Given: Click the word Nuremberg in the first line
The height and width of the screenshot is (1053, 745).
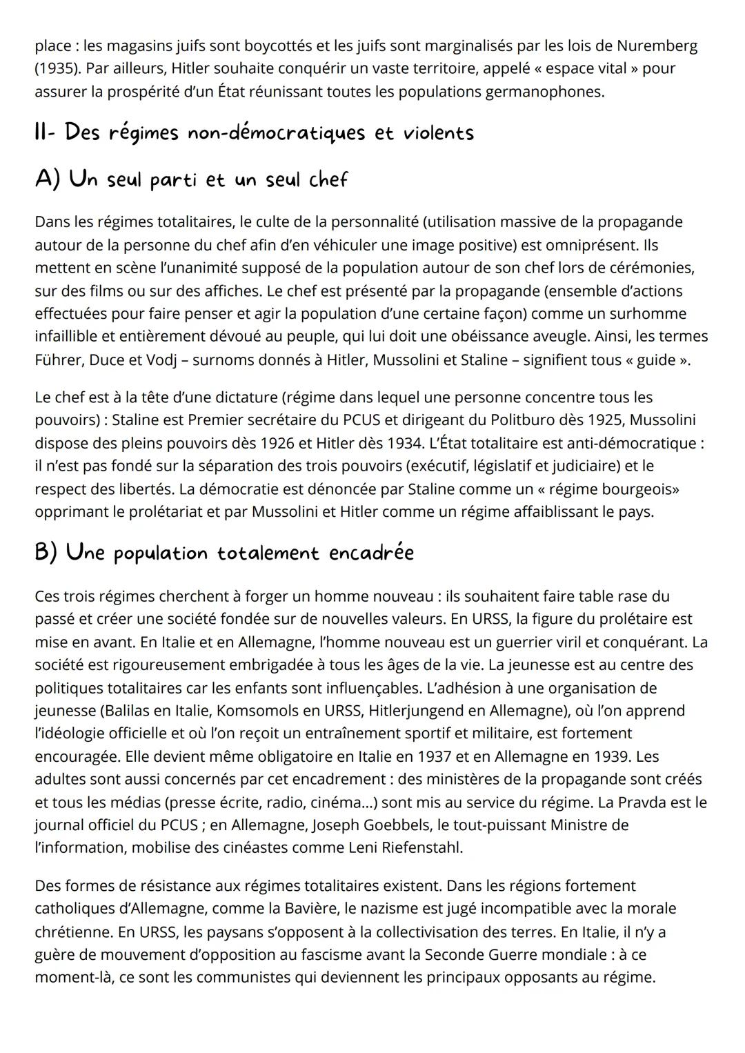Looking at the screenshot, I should click(657, 46).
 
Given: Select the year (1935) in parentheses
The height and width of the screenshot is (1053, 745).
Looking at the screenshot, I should click(57, 69).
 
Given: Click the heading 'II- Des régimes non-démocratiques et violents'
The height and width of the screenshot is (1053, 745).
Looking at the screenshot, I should click(254, 132).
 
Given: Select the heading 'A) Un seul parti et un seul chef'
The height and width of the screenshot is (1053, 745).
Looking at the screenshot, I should click(191, 180).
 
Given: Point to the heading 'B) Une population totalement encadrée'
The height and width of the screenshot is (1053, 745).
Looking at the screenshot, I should click(224, 553).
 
